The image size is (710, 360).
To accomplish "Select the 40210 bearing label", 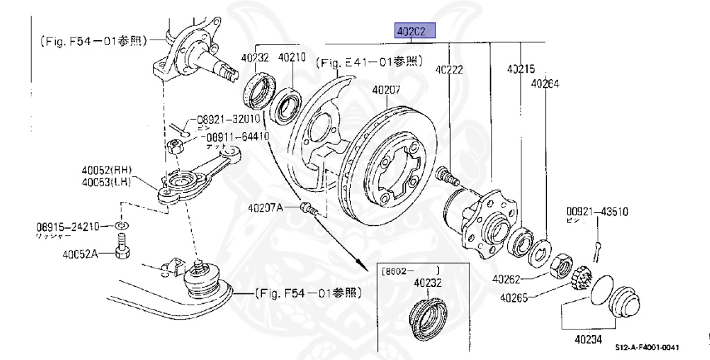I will (292, 58).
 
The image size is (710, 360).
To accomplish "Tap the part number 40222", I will (449, 69).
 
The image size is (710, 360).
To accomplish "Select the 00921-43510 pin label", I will (598, 211).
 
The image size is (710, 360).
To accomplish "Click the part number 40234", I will (588, 341).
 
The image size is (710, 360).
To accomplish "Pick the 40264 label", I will (545, 83).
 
